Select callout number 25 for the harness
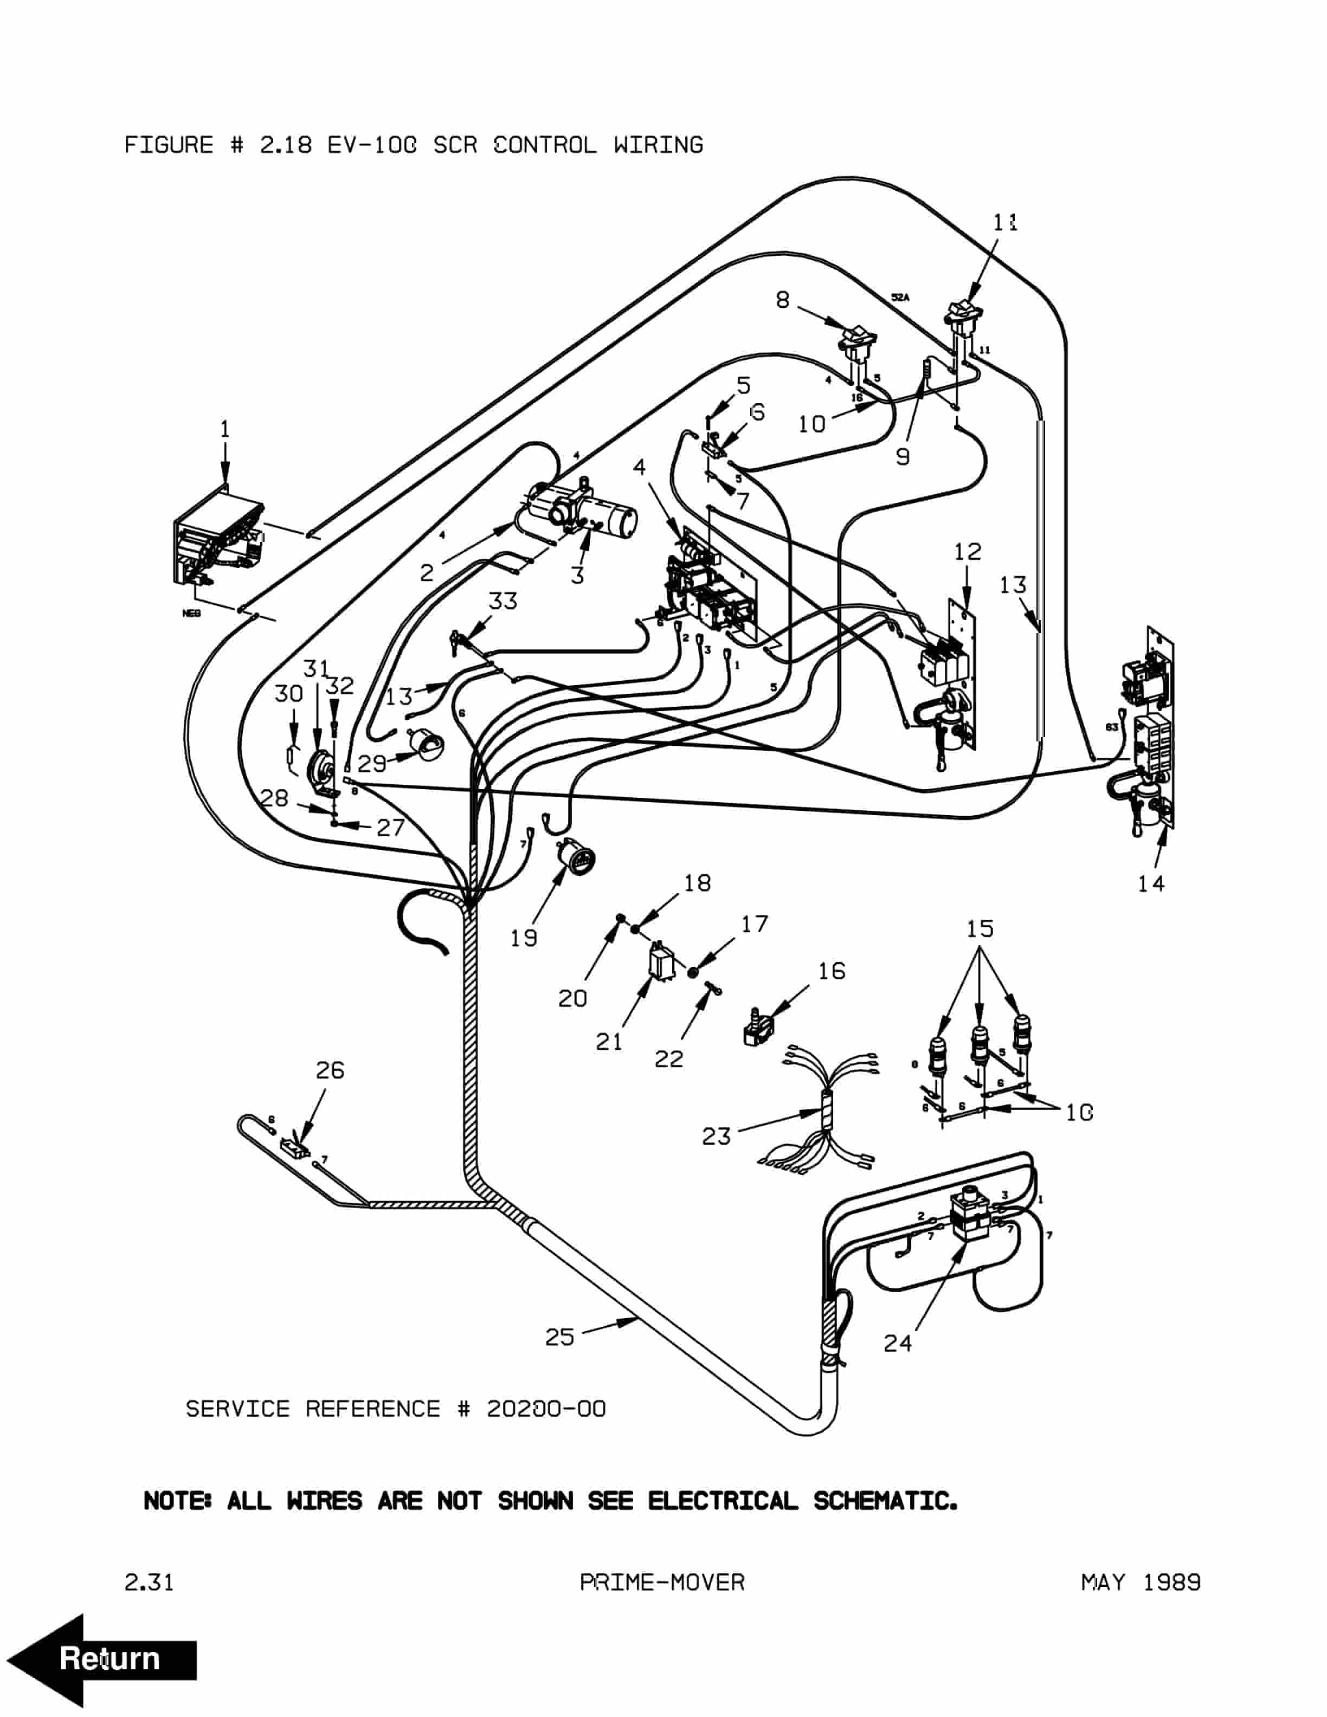[x=560, y=1337]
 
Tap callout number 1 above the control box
[x=225, y=429]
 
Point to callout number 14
[x=1151, y=883]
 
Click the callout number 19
[x=524, y=938]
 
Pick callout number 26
[x=330, y=1070]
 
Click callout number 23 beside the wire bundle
[x=716, y=1136]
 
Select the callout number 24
[x=897, y=1344]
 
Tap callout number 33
[x=503, y=602]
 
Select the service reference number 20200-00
[x=546, y=1409]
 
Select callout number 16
[x=832, y=971]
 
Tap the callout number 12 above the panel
[x=968, y=552]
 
